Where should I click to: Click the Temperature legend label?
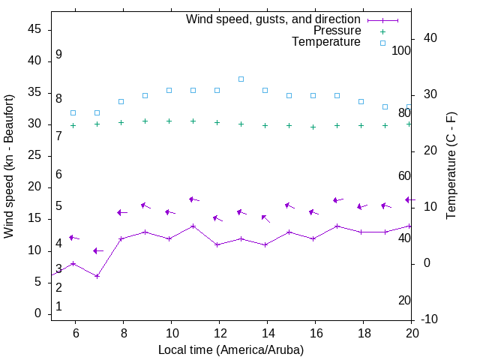tap(326, 42)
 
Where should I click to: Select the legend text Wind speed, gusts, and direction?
tap(274, 19)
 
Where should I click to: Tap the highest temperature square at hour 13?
tap(241, 79)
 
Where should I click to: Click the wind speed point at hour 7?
tap(97, 276)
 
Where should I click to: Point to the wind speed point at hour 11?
tap(193, 226)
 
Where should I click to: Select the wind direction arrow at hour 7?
tap(97, 250)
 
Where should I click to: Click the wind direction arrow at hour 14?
tap(265, 218)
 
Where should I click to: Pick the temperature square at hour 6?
tap(73, 112)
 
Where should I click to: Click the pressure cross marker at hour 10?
tap(169, 121)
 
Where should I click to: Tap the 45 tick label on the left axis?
tap(34, 29)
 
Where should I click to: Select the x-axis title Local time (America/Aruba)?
tap(231, 349)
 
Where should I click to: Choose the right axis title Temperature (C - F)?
tap(451, 166)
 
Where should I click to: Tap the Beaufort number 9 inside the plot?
tap(58, 55)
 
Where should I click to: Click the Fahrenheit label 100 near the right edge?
tap(402, 50)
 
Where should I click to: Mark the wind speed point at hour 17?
tap(337, 226)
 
